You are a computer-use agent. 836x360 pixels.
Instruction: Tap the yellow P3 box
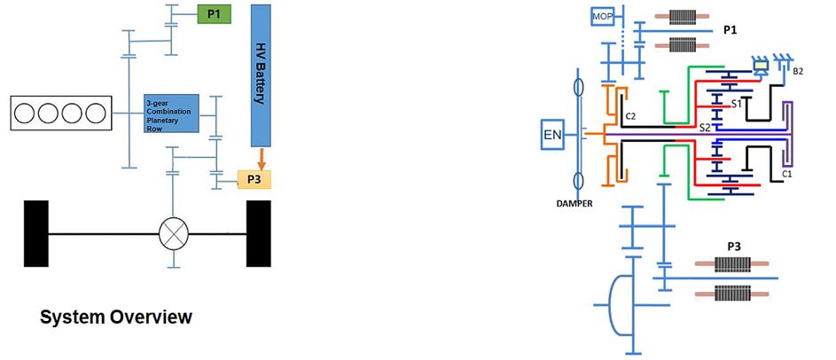tap(254, 180)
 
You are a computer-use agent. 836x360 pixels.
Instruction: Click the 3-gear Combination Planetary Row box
tap(174, 113)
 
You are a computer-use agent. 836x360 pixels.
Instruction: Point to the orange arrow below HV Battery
tap(261, 160)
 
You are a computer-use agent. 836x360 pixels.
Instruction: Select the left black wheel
tap(36, 234)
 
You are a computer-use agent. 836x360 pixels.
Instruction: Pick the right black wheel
tap(258, 234)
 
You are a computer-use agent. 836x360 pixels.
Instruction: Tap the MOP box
tap(604, 18)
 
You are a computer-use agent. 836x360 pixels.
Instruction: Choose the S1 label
tap(735, 105)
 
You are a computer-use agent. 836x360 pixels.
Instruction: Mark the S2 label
tap(705, 128)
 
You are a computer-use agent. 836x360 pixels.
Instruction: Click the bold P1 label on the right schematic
tap(731, 30)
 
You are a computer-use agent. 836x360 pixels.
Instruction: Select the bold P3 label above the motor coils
tap(734, 246)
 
